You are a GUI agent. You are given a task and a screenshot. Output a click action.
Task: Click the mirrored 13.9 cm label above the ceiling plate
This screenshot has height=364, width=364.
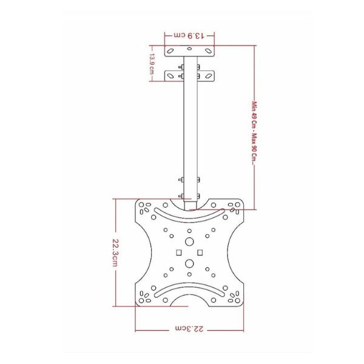(x=189, y=36)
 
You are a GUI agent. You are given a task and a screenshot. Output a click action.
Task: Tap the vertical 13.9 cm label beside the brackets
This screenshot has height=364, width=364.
(x=152, y=64)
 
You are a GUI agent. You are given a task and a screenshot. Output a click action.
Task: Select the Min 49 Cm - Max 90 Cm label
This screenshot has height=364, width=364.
(x=255, y=133)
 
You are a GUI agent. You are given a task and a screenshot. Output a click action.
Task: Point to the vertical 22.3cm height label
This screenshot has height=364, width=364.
(x=115, y=252)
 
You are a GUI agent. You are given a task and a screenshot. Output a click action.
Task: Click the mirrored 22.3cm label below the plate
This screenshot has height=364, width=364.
(x=189, y=329)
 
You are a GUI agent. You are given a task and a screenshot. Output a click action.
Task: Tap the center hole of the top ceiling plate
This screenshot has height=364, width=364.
(x=189, y=49)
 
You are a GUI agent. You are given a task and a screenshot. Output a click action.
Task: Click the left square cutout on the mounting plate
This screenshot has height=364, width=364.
(x=179, y=252)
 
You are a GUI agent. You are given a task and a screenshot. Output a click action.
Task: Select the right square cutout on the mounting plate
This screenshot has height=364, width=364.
(x=200, y=252)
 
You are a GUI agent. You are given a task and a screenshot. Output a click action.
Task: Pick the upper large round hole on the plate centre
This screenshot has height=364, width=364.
(x=189, y=241)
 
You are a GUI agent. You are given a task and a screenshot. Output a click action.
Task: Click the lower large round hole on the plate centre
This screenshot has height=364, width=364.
(x=189, y=263)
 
